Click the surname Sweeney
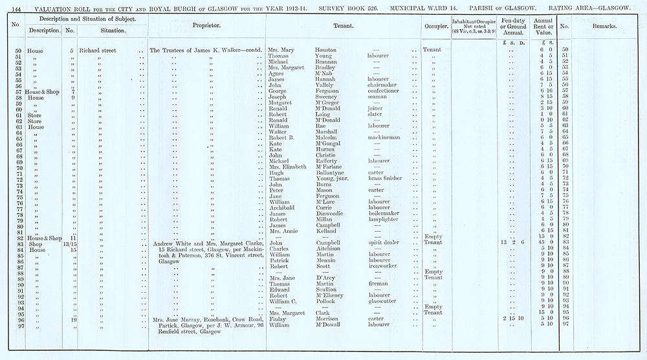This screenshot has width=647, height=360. (328, 96)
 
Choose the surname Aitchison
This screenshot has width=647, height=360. (331, 249)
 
